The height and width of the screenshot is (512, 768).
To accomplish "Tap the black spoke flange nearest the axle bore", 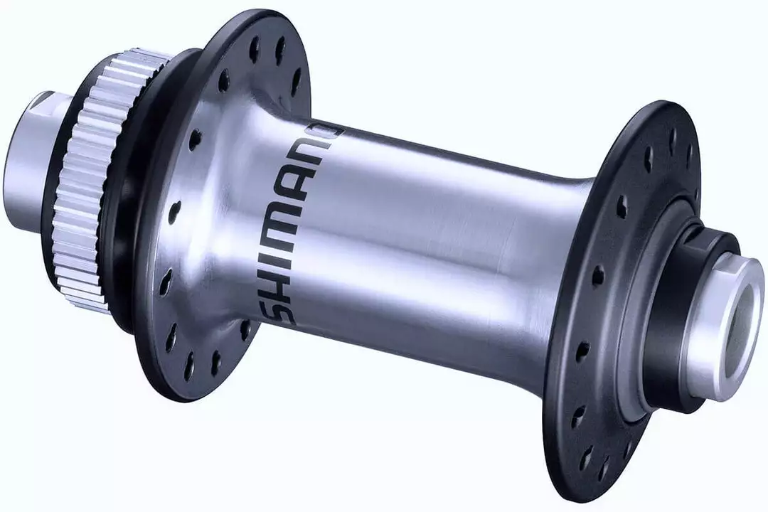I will tap(604, 299).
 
